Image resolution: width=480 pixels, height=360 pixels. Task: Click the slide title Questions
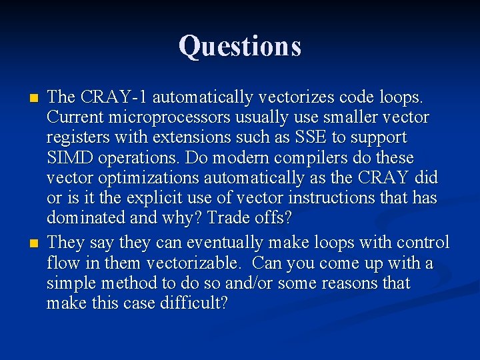(239, 46)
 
